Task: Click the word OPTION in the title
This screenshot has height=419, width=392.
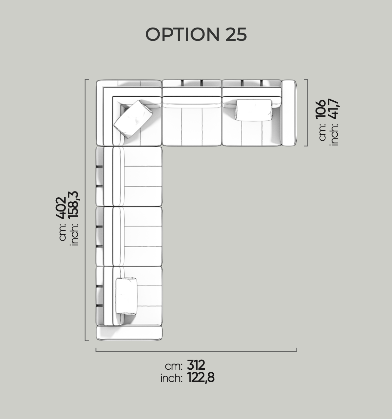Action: pyautogui.click(x=182, y=34)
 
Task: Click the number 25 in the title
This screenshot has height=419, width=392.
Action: pyautogui.click(x=236, y=34)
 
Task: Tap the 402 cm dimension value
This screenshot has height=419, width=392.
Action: pyautogui.click(x=61, y=208)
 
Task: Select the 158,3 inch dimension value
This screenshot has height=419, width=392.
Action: pyautogui.click(x=73, y=204)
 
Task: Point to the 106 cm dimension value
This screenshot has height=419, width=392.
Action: pyautogui.click(x=321, y=110)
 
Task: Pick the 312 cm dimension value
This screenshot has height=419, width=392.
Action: pyautogui.click(x=196, y=365)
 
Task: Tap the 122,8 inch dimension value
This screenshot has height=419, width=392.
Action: pyautogui.click(x=201, y=378)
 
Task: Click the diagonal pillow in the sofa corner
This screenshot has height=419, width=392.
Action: pyautogui.click(x=133, y=119)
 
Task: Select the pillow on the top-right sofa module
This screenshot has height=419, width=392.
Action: pyautogui.click(x=254, y=110)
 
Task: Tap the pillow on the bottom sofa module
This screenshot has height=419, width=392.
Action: pyautogui.click(x=126, y=296)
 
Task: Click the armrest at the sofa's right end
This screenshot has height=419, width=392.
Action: pyautogui.click(x=289, y=113)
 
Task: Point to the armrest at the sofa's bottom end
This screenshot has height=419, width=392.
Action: pyautogui.click(x=129, y=333)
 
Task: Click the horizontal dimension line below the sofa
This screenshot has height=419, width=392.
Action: pyautogui.click(x=196, y=351)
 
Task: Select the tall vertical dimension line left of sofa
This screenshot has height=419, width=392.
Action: pyautogui.click(x=85, y=210)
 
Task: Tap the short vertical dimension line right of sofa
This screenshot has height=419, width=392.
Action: pyautogui.click(x=307, y=113)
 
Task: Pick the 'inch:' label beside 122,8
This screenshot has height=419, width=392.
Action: pyautogui.click(x=171, y=379)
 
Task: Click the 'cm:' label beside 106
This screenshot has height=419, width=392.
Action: pyautogui.click(x=322, y=132)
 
